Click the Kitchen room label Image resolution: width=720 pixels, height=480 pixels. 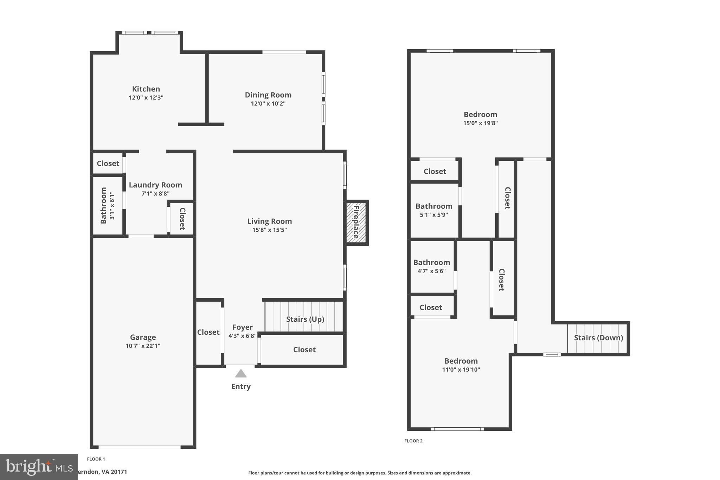coord(146,89)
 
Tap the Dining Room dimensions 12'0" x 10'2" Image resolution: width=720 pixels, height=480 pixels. coord(268,104)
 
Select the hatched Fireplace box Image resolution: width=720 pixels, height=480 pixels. coord(356,222)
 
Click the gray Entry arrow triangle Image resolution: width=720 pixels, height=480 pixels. coord(241,373)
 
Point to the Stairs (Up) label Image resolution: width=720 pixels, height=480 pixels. coord(305,319)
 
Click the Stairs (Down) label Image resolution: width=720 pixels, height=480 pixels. coord(598,338)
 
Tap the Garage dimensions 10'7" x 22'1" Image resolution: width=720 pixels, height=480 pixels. coord(143,346)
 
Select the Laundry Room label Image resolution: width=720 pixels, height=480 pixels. coord(155,185)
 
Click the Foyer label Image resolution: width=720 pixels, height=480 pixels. coord(243,327)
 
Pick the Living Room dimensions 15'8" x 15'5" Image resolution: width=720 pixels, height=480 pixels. coord(269,230)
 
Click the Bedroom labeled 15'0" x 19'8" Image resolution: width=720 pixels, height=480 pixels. coord(480,115)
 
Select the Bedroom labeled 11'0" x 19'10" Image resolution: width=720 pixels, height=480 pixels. coord(461,361)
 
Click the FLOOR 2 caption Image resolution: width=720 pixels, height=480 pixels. coord(413,441)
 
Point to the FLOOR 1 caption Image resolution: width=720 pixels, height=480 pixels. coord(96,459)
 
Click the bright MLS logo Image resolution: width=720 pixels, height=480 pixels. coord(39,467)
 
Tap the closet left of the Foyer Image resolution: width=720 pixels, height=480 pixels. coord(208,332)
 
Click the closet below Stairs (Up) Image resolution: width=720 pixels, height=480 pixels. coord(304,350)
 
